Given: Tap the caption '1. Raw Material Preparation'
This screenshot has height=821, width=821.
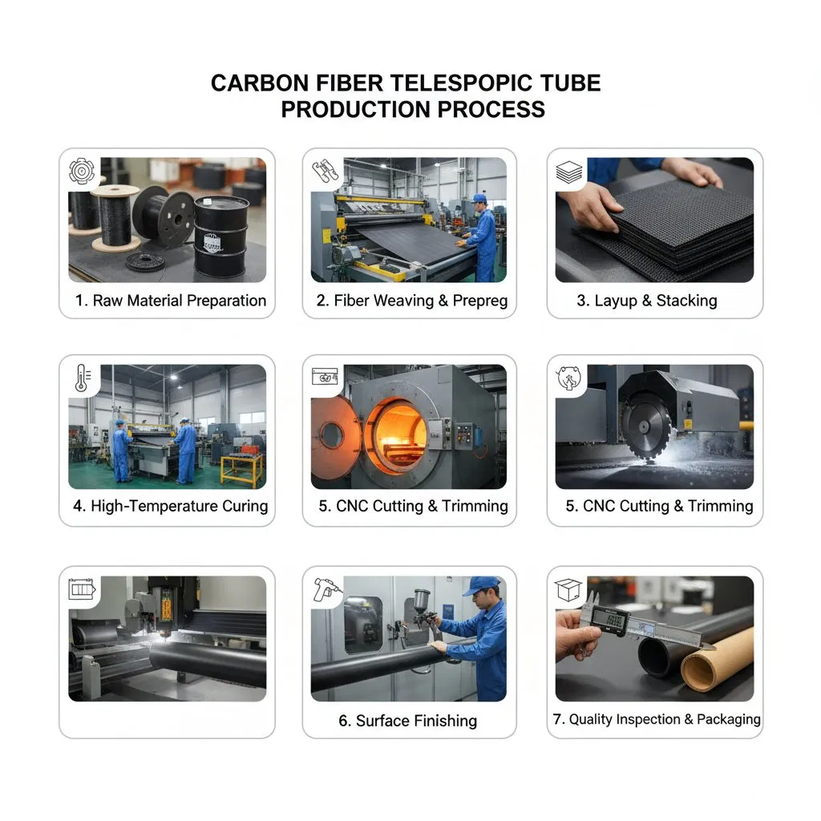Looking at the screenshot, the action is click(171, 301).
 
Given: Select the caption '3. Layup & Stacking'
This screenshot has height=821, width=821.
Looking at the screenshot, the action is click(647, 301).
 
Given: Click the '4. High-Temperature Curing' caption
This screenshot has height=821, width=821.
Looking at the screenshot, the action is click(171, 506).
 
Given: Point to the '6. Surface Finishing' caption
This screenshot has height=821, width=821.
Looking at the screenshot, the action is click(408, 721).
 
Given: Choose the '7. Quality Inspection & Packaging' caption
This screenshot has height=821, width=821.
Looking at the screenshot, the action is click(657, 719).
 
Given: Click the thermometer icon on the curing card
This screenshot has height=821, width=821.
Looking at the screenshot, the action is click(83, 378).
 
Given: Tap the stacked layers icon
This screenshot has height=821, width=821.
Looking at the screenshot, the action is click(568, 172).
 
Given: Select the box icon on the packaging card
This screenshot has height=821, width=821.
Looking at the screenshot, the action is click(568, 590).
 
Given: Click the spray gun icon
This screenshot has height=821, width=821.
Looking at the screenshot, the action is click(326, 590).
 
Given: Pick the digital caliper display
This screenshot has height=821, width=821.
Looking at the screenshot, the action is click(609, 621).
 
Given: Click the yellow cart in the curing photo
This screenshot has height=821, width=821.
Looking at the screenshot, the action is click(242, 470).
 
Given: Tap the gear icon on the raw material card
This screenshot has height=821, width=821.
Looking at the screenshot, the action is click(83, 172).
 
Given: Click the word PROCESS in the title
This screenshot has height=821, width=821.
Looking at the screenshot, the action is click(491, 109).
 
